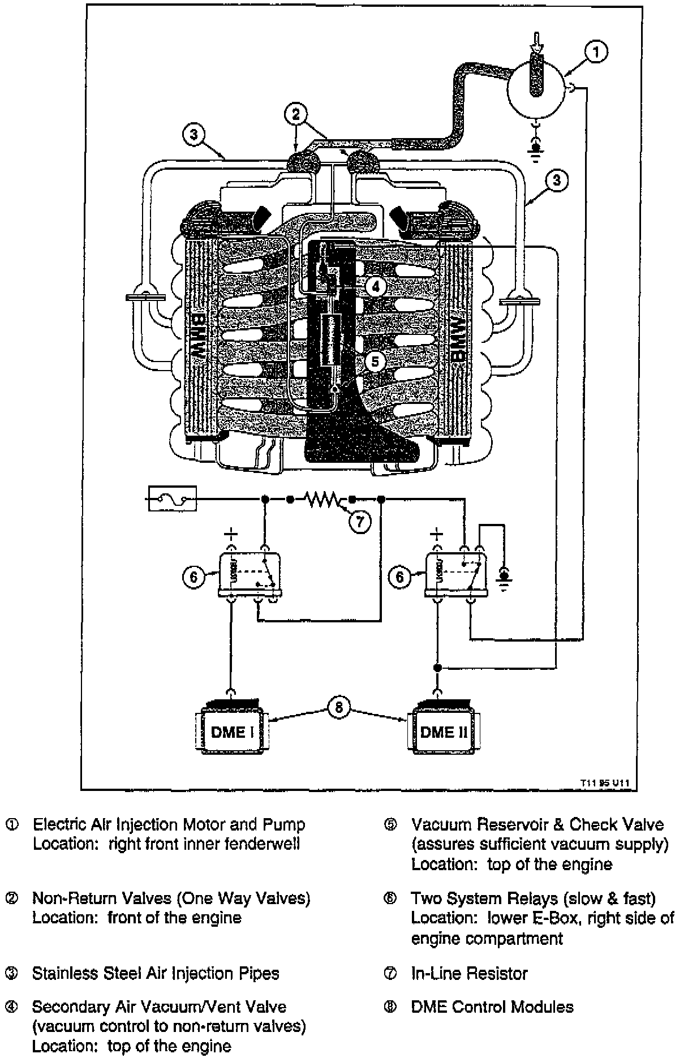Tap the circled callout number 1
tap(596, 52)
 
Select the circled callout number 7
tap(360, 521)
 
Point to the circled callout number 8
tap(338, 708)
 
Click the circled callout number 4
tap(375, 287)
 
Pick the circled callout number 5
tap(375, 360)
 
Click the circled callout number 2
tap(296, 114)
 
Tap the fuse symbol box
tap(173, 498)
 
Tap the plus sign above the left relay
tap(231, 534)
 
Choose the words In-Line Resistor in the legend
tap(469, 974)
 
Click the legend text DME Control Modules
tap(492, 1007)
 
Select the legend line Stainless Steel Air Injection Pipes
tap(156, 974)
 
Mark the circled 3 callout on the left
tap(194, 135)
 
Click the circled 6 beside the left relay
tap(193, 577)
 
